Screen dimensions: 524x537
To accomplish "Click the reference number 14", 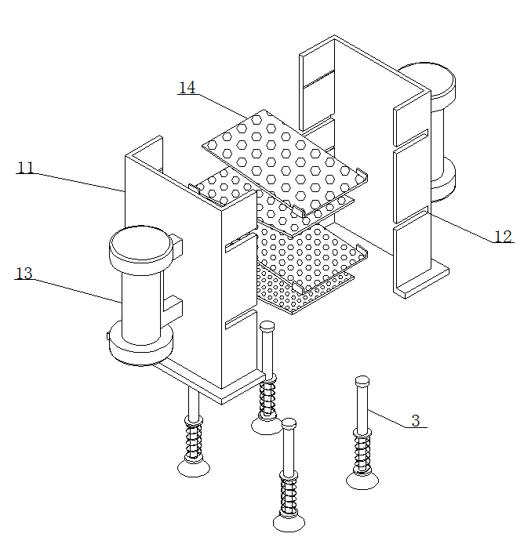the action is (x=187, y=87).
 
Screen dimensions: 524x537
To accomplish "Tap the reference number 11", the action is (x=26, y=168).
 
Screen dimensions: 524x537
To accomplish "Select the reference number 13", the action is (x=24, y=274).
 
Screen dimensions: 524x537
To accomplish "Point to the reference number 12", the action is (x=503, y=236).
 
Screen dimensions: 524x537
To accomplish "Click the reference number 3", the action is (x=416, y=421).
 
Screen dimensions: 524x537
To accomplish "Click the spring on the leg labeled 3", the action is (x=362, y=453).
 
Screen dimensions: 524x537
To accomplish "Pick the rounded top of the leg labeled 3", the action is (x=362, y=380).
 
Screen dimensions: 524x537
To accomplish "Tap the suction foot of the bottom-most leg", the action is (x=289, y=523).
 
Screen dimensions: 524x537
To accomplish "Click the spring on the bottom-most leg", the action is (x=289, y=495).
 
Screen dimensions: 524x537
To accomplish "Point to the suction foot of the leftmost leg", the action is (x=194, y=467).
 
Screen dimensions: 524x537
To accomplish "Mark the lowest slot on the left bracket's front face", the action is (x=241, y=319).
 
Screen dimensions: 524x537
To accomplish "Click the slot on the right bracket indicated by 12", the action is (x=411, y=215).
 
